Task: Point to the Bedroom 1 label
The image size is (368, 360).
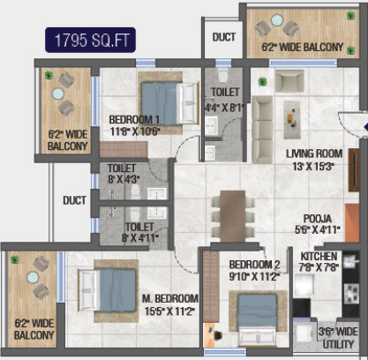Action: [134, 120]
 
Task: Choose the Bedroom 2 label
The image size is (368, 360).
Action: [254, 264]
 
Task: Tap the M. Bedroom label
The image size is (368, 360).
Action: [169, 298]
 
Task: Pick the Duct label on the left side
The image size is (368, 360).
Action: [75, 200]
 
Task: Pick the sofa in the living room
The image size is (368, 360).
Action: [263, 121]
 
